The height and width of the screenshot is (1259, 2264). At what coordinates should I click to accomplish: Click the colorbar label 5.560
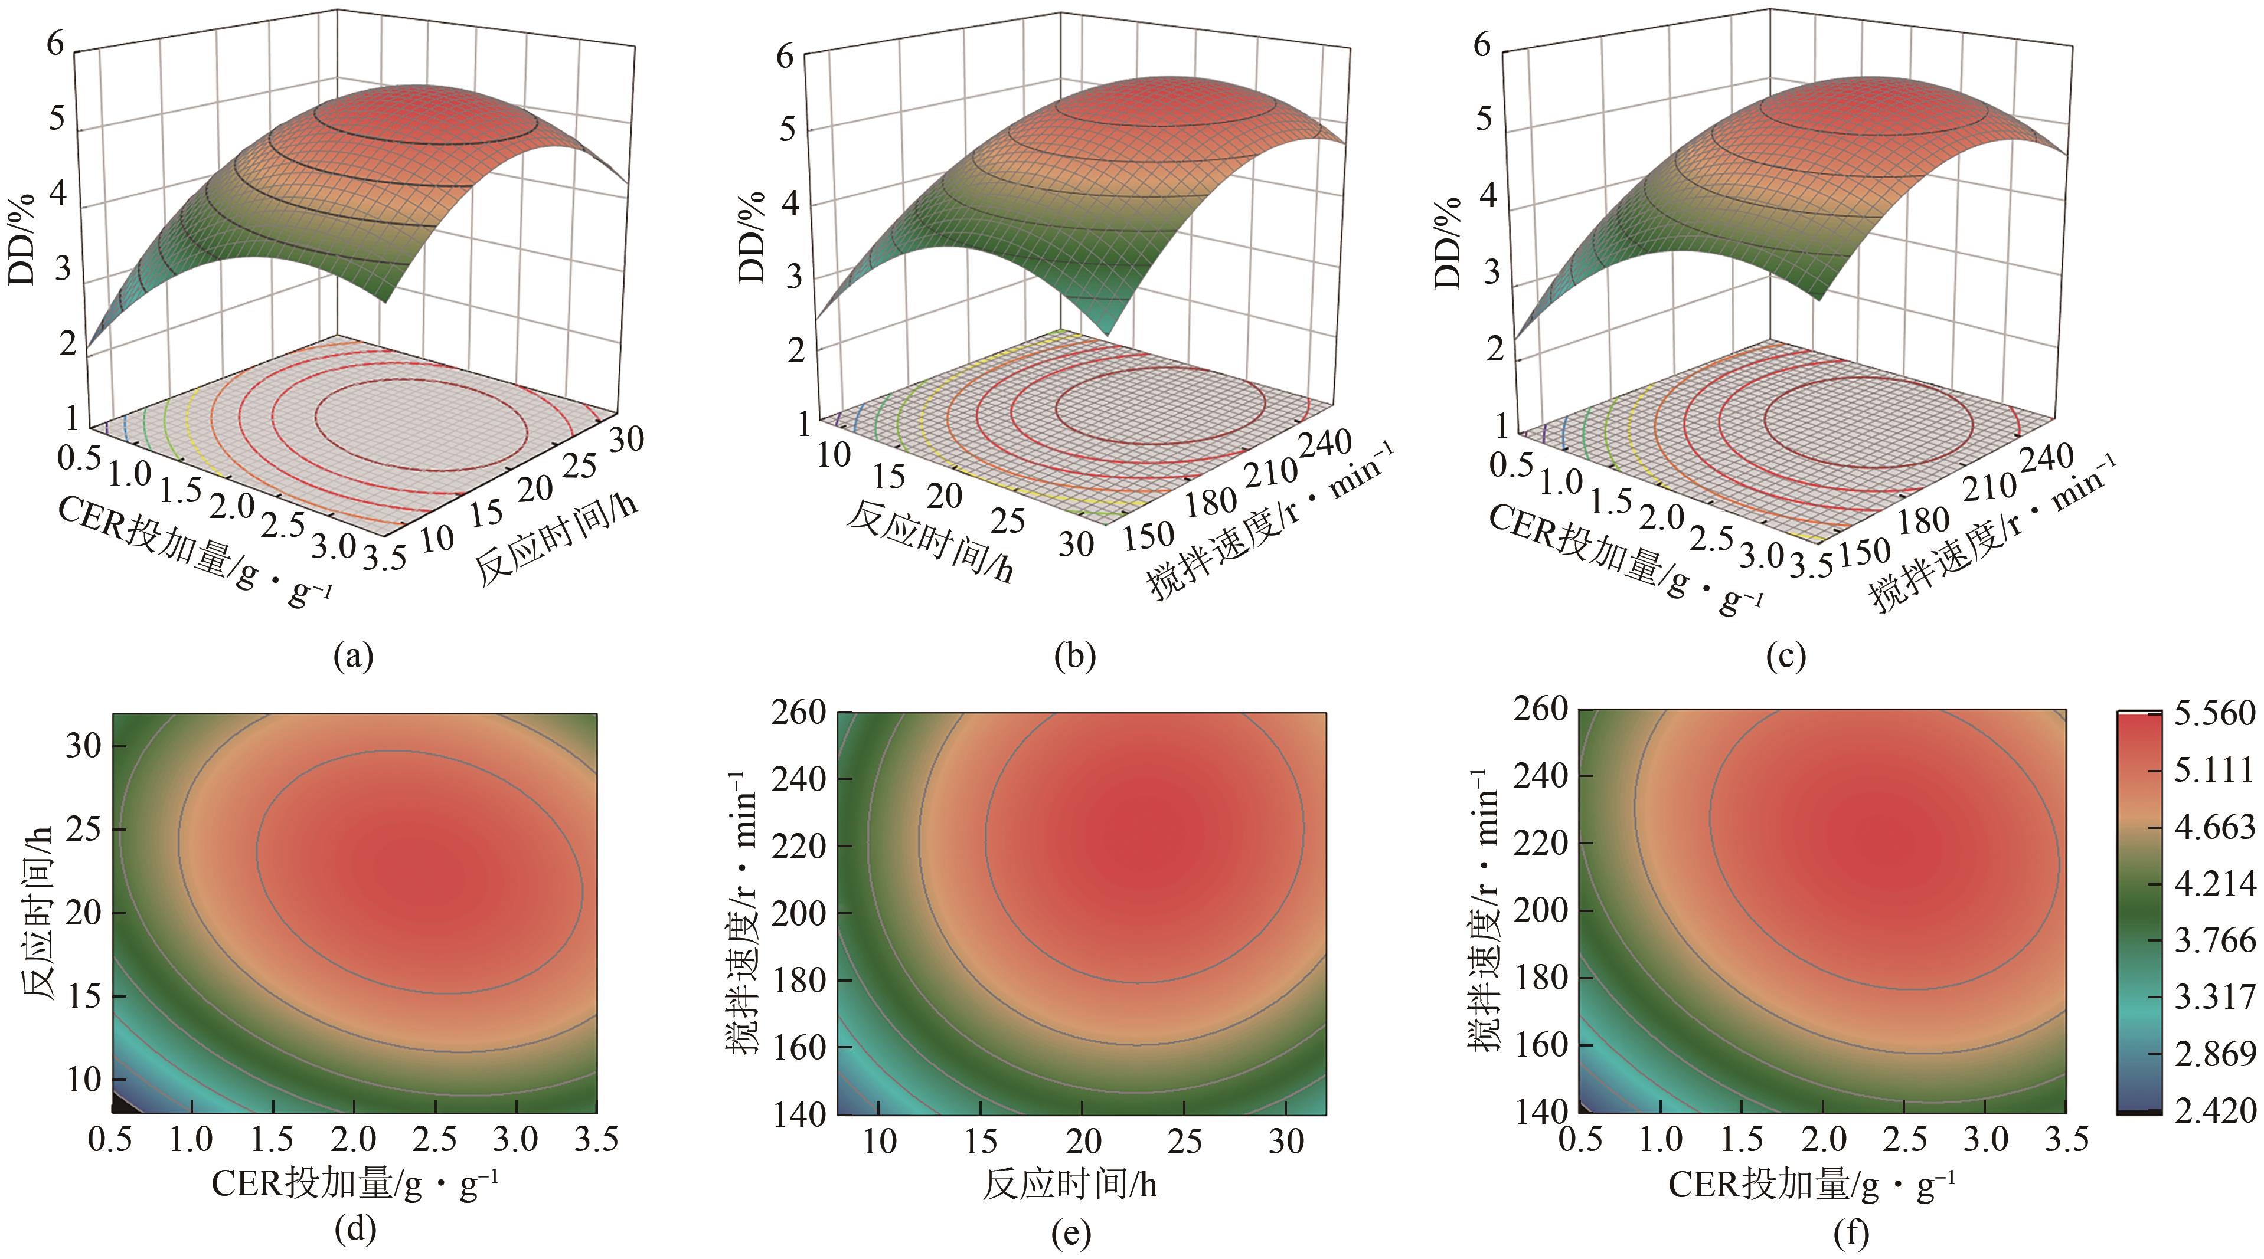[x=2214, y=713]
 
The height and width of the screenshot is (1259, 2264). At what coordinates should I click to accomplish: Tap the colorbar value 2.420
[x=2214, y=1110]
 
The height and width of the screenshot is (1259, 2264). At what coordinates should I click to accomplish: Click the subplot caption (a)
[x=354, y=656]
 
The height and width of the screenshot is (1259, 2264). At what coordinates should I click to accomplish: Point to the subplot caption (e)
[x=1070, y=1234]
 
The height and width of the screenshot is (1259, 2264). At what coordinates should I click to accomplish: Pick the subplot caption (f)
[x=1850, y=1234]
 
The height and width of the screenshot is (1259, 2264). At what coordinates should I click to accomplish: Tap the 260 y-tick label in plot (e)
[x=799, y=713]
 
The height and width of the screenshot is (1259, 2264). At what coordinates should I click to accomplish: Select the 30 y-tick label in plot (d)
[x=83, y=746]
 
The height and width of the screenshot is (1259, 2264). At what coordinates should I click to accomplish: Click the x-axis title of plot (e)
[x=1070, y=1185]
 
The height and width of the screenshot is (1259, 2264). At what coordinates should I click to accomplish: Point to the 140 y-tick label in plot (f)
[x=1540, y=1112]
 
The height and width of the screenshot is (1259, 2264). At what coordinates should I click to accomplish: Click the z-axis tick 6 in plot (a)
[x=55, y=41]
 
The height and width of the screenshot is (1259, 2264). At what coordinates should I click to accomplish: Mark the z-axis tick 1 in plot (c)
[x=1501, y=425]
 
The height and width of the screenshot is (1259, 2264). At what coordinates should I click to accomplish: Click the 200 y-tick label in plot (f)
[x=1540, y=909]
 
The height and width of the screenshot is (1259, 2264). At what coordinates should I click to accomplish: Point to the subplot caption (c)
[x=1785, y=656]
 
